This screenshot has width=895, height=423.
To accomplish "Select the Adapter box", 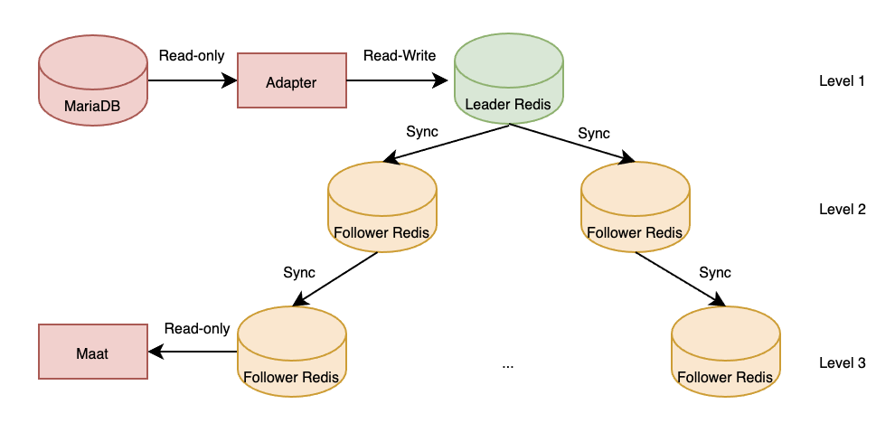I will coord(291,81).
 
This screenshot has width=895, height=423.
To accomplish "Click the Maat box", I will coord(93,353).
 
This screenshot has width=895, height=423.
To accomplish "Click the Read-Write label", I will coord(400,56).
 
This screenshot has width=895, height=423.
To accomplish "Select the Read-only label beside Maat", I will coord(197,329).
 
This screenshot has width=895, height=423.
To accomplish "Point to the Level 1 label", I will coord(842,81).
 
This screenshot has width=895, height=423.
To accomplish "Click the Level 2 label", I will coord(842,210).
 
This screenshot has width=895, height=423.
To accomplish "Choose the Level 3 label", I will coord(842,363).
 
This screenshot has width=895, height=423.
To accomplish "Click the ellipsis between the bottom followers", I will coord(508,364).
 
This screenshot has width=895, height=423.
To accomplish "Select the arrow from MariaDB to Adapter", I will coord(192,81).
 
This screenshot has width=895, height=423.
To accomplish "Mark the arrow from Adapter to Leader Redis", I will coord(399,81).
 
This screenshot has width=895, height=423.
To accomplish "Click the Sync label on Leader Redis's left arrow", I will coord(422,132).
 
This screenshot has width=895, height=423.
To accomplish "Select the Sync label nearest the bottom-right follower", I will coord(715,272).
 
